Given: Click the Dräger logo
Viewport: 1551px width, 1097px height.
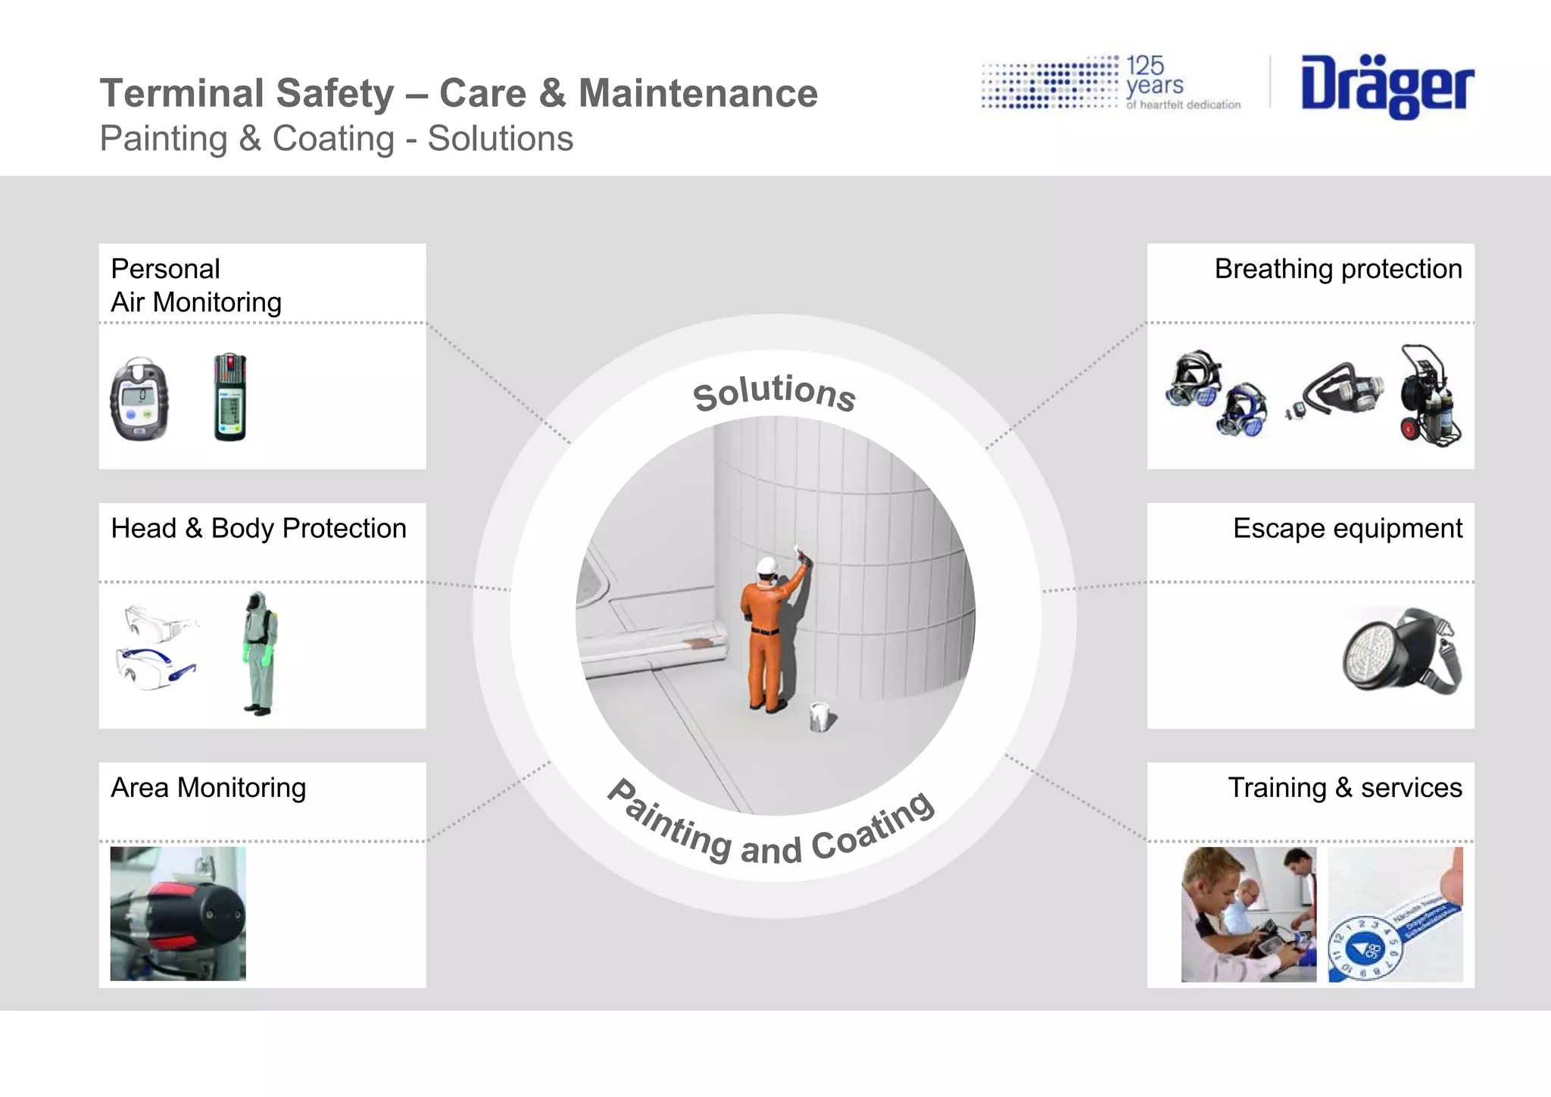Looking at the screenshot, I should pyautogui.click(x=1387, y=86).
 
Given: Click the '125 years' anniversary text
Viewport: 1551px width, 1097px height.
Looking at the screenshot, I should pyautogui.click(x=1154, y=77).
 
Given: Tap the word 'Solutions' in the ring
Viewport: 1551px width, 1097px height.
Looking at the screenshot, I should pyautogui.click(x=774, y=392).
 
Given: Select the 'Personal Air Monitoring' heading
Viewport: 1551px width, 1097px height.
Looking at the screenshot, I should pyautogui.click(x=195, y=286).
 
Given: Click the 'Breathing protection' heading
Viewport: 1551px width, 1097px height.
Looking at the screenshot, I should pyautogui.click(x=1337, y=269).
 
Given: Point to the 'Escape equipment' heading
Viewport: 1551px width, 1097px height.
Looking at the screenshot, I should pyautogui.click(x=1347, y=528).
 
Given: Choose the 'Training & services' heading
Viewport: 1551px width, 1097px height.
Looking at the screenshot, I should pyautogui.click(x=1344, y=788).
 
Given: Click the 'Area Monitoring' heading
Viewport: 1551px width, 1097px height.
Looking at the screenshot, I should pyautogui.click(x=208, y=788).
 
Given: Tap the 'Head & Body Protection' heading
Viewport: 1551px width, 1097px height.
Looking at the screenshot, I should pyautogui.click(x=258, y=528).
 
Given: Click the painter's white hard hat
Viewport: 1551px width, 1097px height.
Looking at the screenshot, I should pyautogui.click(x=767, y=566).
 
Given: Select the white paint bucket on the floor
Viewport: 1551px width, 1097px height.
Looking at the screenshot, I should pyautogui.click(x=819, y=716).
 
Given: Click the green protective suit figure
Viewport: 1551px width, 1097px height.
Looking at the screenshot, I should pyautogui.click(x=259, y=653).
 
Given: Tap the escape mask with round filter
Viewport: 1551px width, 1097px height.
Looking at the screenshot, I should pyautogui.click(x=1403, y=652).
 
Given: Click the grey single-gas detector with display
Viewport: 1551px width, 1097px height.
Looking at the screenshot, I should pyautogui.click(x=139, y=398).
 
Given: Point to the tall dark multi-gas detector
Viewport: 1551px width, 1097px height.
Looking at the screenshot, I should pyautogui.click(x=229, y=397).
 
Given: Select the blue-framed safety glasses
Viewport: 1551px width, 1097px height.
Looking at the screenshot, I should pyautogui.click(x=156, y=667).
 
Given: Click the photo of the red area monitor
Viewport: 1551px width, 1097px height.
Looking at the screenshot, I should pyautogui.click(x=178, y=914).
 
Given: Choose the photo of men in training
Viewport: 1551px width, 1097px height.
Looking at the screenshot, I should pyautogui.click(x=1248, y=914).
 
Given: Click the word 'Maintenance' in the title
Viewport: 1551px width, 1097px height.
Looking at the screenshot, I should pyautogui.click(x=697, y=94).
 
